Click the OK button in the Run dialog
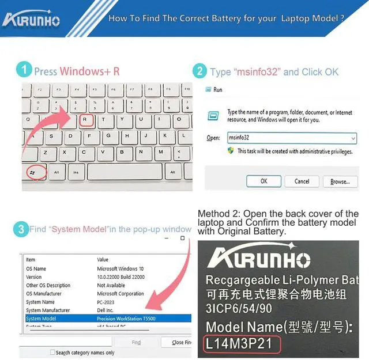pyautogui.click(x=263, y=181)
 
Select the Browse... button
pyautogui.click(x=340, y=181)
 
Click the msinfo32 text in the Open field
pyautogui.click(x=239, y=138)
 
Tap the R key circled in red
pyautogui.click(x=86, y=120)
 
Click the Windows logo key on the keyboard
pyautogui.click(x=32, y=172)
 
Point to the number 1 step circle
pyautogui.click(x=24, y=70)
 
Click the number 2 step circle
pyautogui.click(x=199, y=71)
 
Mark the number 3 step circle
pyautogui.click(x=21, y=229)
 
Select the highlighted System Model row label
pyautogui.click(x=41, y=319)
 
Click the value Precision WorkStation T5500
pyautogui.click(x=126, y=319)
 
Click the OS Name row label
pyautogui.click(x=36, y=268)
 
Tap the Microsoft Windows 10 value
pyautogui.click(x=120, y=268)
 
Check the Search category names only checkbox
pyautogui.click(x=52, y=353)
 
